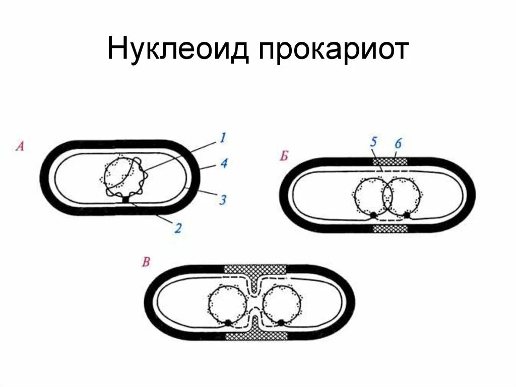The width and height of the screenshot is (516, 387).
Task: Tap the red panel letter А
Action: [x=20, y=147]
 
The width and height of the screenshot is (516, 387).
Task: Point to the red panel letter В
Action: [x=146, y=262]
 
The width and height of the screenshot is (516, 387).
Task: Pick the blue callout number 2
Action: [x=177, y=228]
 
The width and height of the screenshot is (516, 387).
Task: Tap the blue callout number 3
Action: [x=222, y=200]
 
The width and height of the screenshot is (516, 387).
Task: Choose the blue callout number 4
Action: [x=223, y=164]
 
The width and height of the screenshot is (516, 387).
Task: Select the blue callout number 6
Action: [x=398, y=143]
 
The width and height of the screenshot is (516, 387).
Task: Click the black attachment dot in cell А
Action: [x=125, y=200]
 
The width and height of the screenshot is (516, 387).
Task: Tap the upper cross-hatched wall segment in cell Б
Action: [x=390, y=161]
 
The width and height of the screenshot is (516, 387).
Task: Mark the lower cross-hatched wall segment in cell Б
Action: [x=390, y=229]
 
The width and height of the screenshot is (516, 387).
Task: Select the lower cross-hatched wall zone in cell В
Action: [x=254, y=337]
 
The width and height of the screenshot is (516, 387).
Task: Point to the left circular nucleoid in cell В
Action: [x=227, y=304]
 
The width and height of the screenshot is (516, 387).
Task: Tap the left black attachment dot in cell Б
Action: [x=373, y=215]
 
